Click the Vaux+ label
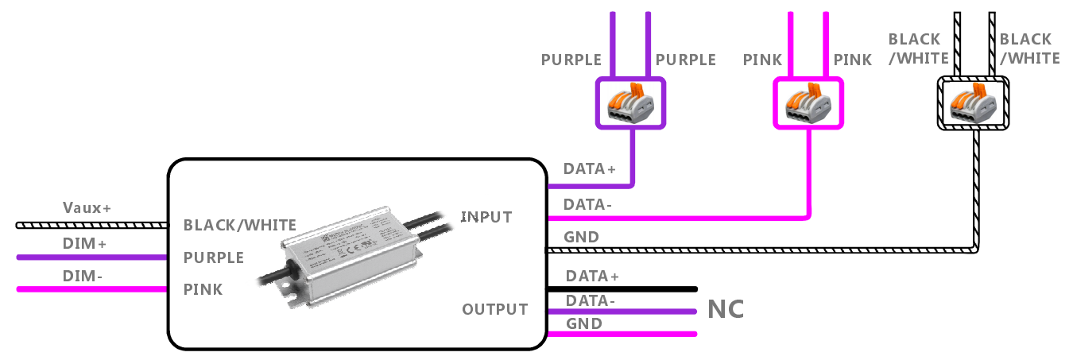pyautogui.click(x=87, y=208)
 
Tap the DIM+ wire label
pyautogui.click(x=84, y=244)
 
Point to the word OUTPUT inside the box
pyautogui.click(x=495, y=309)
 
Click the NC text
pyautogui.click(x=726, y=310)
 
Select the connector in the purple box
pyautogui.click(x=632, y=103)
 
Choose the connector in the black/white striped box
pyautogui.click(x=974, y=103)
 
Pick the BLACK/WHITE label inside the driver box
pyautogui.click(x=239, y=225)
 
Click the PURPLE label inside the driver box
pyautogui.click(x=213, y=258)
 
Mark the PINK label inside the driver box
pyautogui.click(x=203, y=289)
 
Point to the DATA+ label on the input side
pyautogui.click(x=589, y=169)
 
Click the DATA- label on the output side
pyautogui.click(x=591, y=301)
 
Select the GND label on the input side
pyautogui.click(x=580, y=237)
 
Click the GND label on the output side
pyautogui.click(x=583, y=324)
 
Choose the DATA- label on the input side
pyautogui.click(x=587, y=205)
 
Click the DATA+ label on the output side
pyautogui.click(x=592, y=277)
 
